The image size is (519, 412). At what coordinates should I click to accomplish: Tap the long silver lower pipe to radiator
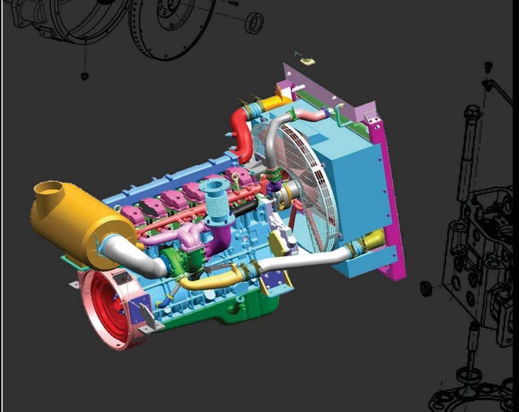tap(305, 263)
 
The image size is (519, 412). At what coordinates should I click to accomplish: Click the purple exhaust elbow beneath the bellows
tap(222, 233)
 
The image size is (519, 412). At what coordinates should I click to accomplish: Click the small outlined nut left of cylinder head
tap(427, 288)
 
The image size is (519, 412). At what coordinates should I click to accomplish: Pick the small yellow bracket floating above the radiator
tap(308, 60)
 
